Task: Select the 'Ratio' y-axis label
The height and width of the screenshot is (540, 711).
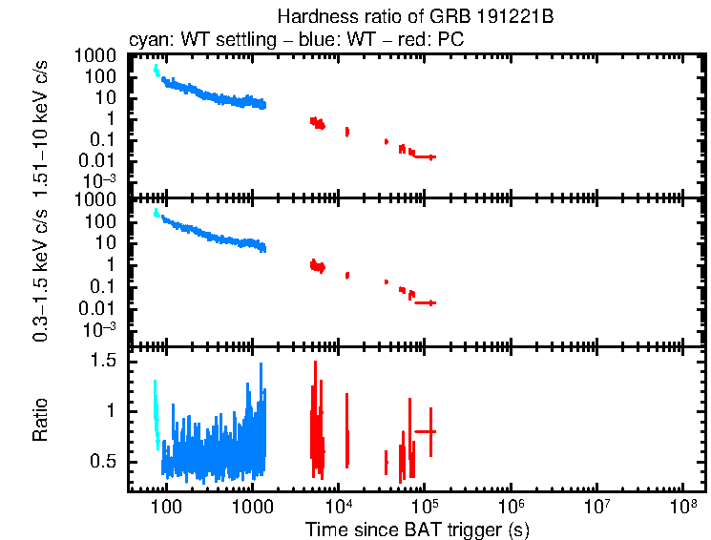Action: [40, 421]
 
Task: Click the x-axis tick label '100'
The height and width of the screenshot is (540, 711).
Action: [166, 506]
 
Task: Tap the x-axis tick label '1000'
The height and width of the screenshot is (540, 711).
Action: [252, 506]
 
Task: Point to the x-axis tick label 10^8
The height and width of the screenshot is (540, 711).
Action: [683, 505]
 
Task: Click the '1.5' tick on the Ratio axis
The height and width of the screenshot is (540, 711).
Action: [105, 361]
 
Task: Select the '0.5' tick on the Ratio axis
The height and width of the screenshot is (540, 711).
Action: [105, 462]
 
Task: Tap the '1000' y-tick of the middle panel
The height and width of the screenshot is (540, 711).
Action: [97, 200]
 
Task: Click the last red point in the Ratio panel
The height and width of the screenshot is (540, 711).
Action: [431, 431]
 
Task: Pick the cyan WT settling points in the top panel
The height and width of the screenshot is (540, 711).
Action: [157, 71]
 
